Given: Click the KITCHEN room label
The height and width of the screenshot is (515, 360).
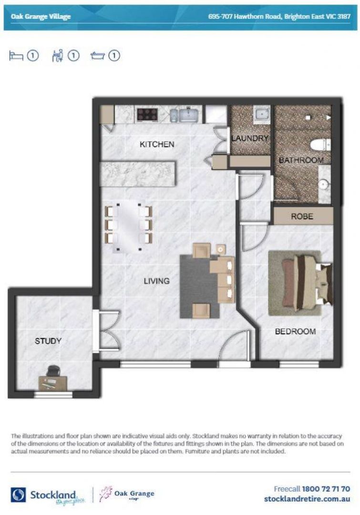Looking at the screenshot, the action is tap(157, 144).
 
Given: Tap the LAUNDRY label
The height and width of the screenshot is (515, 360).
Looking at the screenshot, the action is tap(250, 138).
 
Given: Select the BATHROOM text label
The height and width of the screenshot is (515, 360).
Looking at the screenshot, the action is tap(301, 160).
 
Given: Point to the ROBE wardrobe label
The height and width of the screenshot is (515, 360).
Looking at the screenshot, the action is tap(302, 216).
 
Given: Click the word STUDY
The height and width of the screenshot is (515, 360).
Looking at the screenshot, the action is tap(48, 341).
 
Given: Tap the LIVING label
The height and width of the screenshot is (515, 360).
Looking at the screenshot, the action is tap(157, 281).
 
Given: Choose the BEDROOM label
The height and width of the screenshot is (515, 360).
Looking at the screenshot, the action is tap(295, 331).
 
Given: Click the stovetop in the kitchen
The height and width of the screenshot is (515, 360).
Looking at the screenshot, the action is tap(147, 114).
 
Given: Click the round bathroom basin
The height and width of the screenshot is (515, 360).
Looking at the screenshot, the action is tap(324, 185).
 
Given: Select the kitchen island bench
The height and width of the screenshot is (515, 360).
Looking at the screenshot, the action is tap(138, 174).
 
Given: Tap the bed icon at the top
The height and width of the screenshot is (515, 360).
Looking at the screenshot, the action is tap(16, 55).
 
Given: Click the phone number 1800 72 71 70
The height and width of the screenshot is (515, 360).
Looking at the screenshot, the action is tap(326, 489).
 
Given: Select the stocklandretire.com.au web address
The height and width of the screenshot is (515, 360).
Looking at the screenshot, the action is tap(307, 499).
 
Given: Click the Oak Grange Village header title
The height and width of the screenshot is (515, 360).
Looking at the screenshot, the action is tap(41, 17).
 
